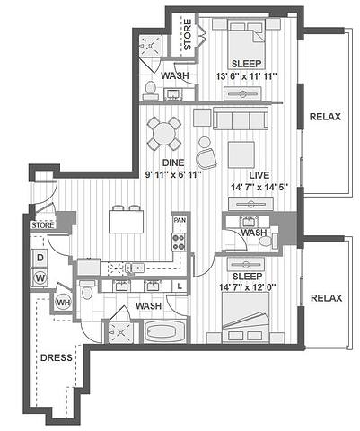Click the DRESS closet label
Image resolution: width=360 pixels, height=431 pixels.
click(57, 357)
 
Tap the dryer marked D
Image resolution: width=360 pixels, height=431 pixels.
click(40, 258)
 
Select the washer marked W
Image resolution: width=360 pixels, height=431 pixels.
click(40, 278)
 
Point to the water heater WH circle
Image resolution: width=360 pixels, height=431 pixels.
click(64, 303)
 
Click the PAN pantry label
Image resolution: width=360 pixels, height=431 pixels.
click(180, 220)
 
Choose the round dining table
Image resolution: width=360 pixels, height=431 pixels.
click(164, 133)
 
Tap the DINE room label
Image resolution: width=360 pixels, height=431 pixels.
click(173, 163)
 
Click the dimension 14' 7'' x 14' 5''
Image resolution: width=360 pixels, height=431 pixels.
click(259, 188)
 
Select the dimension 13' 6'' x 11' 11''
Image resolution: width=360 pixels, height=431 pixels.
click(246, 76)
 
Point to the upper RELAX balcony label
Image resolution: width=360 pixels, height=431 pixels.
click(325, 117)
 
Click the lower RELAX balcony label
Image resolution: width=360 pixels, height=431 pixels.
click(326, 298)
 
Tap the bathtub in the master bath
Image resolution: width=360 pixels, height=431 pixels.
click(164, 331)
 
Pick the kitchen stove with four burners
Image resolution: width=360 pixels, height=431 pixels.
click(179, 242)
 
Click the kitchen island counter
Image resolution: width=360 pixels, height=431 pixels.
click(127, 222)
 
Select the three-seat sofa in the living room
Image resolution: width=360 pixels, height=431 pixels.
click(241, 119)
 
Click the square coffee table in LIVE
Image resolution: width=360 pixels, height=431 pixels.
click(241, 154)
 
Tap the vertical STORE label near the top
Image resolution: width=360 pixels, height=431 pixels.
click(188, 35)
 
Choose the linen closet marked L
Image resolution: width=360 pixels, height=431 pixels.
click(180, 286)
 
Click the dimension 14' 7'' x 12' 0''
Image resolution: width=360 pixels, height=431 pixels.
click(247, 287)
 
